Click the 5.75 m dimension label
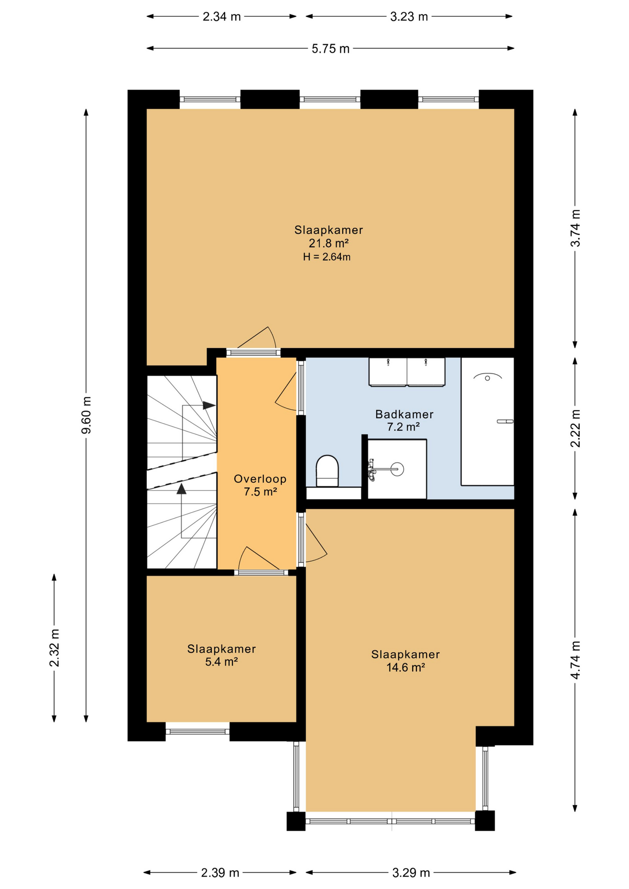point(330,49)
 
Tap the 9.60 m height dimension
point(86,415)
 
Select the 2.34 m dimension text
point(221,17)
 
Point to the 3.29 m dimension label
point(411,873)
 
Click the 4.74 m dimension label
point(575,660)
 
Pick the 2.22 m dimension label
point(575,428)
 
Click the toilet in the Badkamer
point(327,471)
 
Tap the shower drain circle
point(397,469)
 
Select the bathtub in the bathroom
point(487,421)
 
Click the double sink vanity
point(407,371)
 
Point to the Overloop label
point(260,479)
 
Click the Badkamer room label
point(404,414)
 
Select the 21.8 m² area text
point(328,243)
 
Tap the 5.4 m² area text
point(221,662)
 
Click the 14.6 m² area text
point(405,667)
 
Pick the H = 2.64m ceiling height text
point(327,257)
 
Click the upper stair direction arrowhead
point(209,405)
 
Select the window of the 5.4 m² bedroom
point(198,732)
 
